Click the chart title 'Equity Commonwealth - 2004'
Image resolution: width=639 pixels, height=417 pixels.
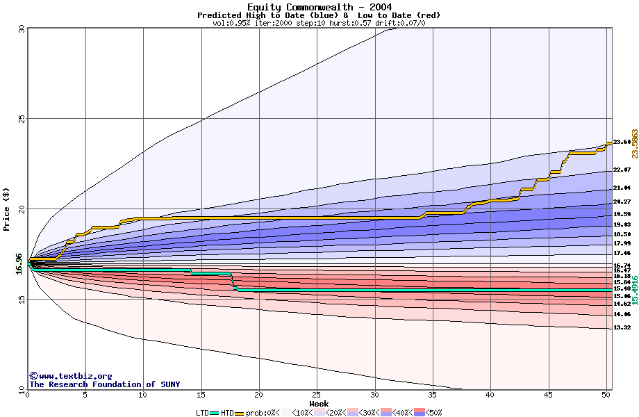(319, 7)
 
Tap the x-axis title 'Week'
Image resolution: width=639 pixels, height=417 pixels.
(319, 404)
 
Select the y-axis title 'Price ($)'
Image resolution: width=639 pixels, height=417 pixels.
(6, 208)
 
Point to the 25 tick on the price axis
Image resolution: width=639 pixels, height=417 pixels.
(21, 119)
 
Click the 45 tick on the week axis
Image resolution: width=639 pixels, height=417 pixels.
(549, 395)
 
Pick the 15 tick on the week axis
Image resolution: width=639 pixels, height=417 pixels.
(201, 395)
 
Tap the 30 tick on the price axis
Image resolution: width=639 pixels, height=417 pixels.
(21, 29)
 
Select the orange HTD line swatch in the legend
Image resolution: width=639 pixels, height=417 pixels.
(240, 413)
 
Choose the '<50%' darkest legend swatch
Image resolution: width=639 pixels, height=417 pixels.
(420, 413)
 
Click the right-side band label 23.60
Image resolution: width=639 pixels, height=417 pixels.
(622, 142)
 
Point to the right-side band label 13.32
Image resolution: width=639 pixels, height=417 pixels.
(622, 328)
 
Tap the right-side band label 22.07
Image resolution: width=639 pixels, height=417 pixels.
(622, 170)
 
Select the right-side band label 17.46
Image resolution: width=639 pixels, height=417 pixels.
(622, 254)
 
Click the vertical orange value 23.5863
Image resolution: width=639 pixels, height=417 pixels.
(634, 144)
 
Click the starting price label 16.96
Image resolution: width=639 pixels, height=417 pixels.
(19, 263)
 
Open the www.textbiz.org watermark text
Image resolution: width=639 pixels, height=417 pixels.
(70, 376)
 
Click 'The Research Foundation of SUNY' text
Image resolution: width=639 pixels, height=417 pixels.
(104, 384)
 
